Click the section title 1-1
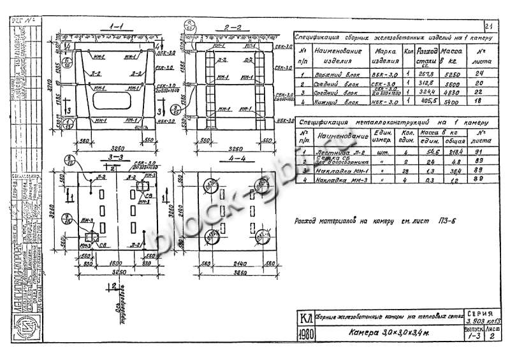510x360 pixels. (x=117, y=29)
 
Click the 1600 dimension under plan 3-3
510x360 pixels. (x=117, y=263)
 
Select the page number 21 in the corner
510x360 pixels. (x=489, y=26)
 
